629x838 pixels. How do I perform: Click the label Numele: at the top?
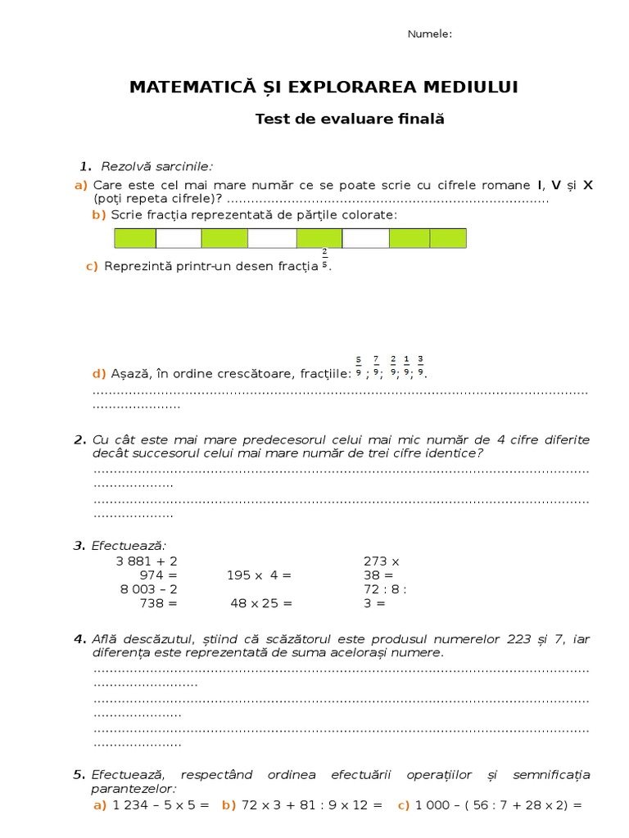[x=430, y=34]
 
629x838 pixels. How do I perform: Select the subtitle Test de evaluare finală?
[x=350, y=119]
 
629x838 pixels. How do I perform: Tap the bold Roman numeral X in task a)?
[x=587, y=185]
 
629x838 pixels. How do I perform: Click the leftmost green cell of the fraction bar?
[x=135, y=238]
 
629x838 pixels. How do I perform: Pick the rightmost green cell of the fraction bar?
[x=448, y=238]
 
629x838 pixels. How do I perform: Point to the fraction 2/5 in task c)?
[x=324, y=259]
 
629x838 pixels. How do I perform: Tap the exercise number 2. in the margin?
[x=79, y=440]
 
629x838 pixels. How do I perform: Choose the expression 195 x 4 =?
[x=259, y=575]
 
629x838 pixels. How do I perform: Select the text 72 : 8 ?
[x=385, y=589]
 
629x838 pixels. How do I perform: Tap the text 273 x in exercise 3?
[x=381, y=561]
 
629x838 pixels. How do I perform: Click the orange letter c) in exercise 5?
[x=403, y=805]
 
